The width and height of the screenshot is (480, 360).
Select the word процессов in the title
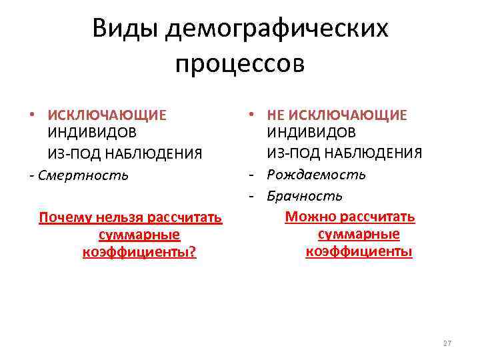pyautogui.click(x=240, y=64)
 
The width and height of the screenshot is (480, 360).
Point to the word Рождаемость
pyautogui.click(x=317, y=175)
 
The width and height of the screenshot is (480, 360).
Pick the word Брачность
pyautogui.click(x=305, y=196)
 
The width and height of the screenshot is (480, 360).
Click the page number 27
pyautogui.click(x=447, y=343)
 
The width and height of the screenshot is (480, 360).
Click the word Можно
pyautogui.click(x=309, y=217)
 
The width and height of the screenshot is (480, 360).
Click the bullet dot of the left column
pyautogui.click(x=32, y=115)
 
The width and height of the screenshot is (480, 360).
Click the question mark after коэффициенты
pyautogui.click(x=193, y=253)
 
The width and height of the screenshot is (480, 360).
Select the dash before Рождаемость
pyautogui.click(x=257, y=175)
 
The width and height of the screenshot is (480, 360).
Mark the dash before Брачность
pyautogui.click(x=257, y=196)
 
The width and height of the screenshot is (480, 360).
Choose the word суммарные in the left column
pyautogui.click(x=139, y=235)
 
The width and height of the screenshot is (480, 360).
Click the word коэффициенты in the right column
pyautogui.click(x=359, y=251)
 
